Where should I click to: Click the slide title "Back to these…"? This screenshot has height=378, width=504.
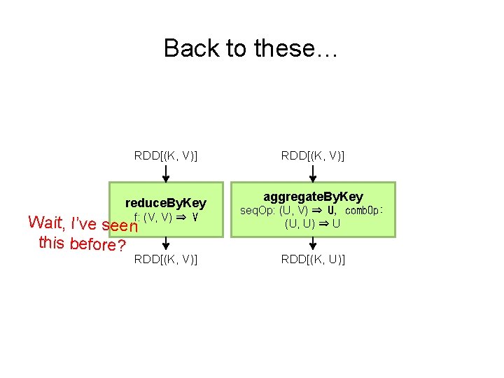[x=251, y=48]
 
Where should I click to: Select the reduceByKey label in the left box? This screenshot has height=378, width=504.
[x=165, y=203]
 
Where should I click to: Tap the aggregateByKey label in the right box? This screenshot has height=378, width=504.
[x=313, y=197]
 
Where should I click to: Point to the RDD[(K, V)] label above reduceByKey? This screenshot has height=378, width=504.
[x=166, y=155]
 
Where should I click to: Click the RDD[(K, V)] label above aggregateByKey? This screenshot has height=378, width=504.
[x=313, y=155]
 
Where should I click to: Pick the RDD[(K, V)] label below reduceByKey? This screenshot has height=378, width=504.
[x=166, y=260]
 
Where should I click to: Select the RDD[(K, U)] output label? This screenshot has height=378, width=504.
[x=313, y=260]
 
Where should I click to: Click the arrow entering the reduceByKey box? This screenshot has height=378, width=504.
[x=166, y=173]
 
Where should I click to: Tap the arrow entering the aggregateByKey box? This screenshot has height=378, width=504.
[x=313, y=173]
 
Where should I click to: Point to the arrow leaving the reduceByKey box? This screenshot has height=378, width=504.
[x=166, y=243]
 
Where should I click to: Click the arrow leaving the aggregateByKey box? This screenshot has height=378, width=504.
[x=313, y=243]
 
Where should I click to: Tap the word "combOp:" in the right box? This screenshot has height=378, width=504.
[x=365, y=210]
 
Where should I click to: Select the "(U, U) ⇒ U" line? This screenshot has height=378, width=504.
[x=313, y=225]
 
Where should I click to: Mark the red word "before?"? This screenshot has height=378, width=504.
[x=98, y=246]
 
